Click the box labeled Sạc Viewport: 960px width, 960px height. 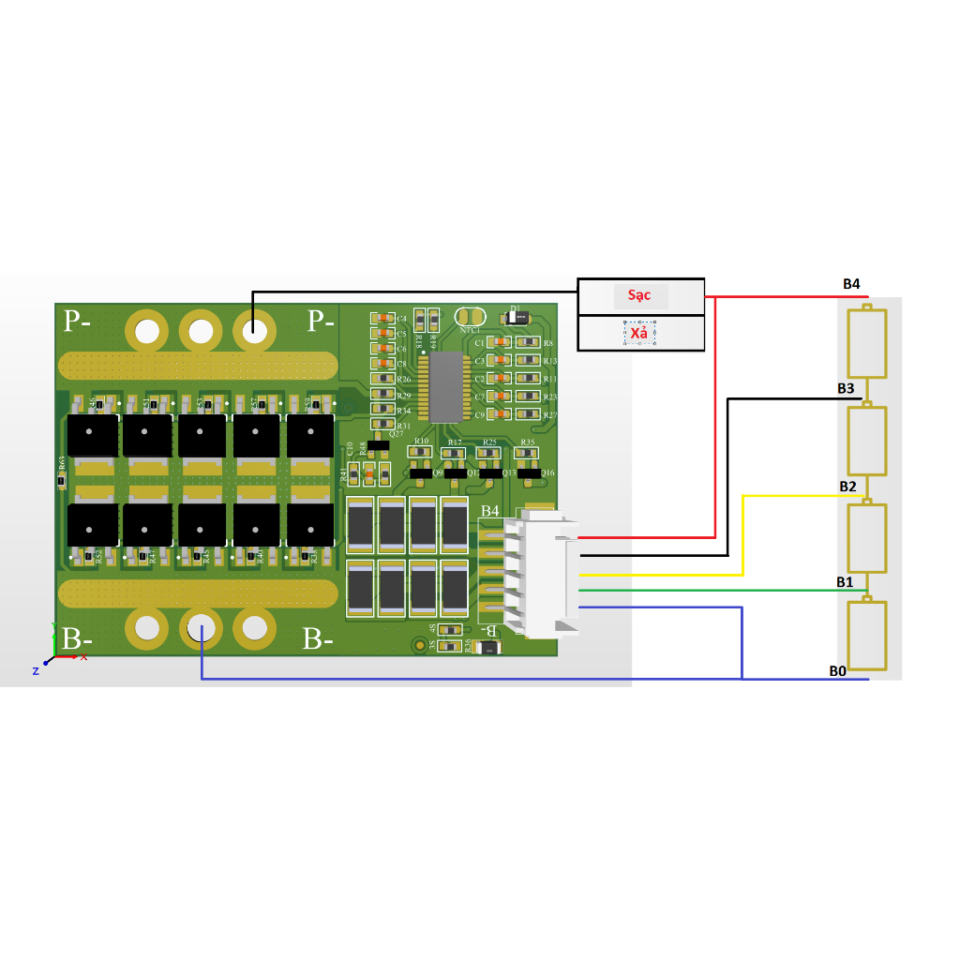click(x=640, y=296)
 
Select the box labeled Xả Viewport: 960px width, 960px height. click(x=640, y=333)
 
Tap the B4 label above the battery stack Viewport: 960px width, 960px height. click(x=851, y=283)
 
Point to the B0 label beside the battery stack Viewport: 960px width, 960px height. click(x=837, y=670)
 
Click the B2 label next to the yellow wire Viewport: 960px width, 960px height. click(x=847, y=487)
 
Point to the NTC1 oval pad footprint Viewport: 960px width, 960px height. click(x=471, y=317)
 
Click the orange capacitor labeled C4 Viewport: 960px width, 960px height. click(x=382, y=319)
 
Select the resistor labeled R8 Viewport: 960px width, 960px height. click(x=528, y=343)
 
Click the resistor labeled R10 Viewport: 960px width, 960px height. click(x=419, y=453)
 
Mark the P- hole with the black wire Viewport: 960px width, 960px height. click(x=253, y=331)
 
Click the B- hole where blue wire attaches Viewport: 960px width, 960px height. click(x=201, y=629)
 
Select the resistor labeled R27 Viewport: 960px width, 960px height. click(x=528, y=414)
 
